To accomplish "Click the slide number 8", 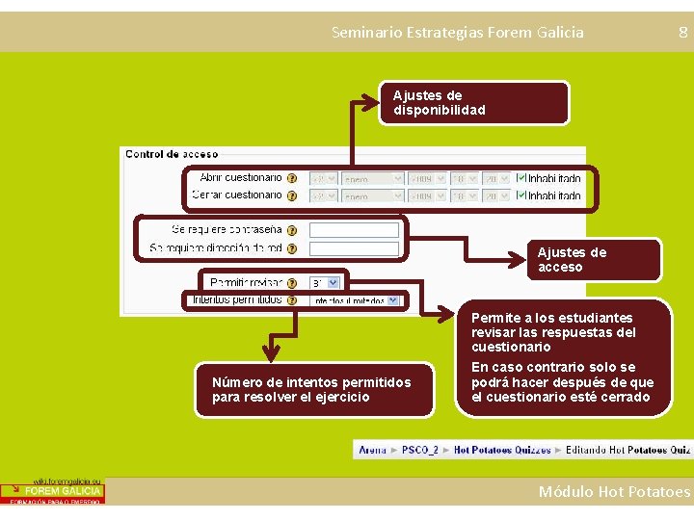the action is tap(682, 33).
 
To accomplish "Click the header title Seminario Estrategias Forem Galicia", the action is tap(457, 33).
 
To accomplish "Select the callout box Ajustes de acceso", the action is tap(594, 260).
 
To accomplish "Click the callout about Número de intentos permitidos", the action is tap(312, 390).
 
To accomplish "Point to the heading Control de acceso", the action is tap(172, 154).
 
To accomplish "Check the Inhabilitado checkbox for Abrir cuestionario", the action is tap(521, 178).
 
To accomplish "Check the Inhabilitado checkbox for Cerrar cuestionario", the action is tap(521, 195).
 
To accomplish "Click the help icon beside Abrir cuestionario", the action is tap(292, 178).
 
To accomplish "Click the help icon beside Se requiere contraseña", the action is tap(292, 230).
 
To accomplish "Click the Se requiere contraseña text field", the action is tap(353, 230).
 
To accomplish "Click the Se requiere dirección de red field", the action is tap(353, 248).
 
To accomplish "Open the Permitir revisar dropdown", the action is tap(325, 283).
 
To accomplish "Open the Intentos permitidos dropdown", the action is tap(352, 300).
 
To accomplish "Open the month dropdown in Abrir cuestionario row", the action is tap(372, 178).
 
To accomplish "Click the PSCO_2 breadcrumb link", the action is tap(420, 450).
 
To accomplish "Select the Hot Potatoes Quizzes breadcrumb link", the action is tap(502, 450).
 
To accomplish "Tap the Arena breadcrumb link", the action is tap(372, 450).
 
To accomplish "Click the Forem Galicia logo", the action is tap(52, 491).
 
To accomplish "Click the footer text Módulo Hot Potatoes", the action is tap(614, 492).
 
